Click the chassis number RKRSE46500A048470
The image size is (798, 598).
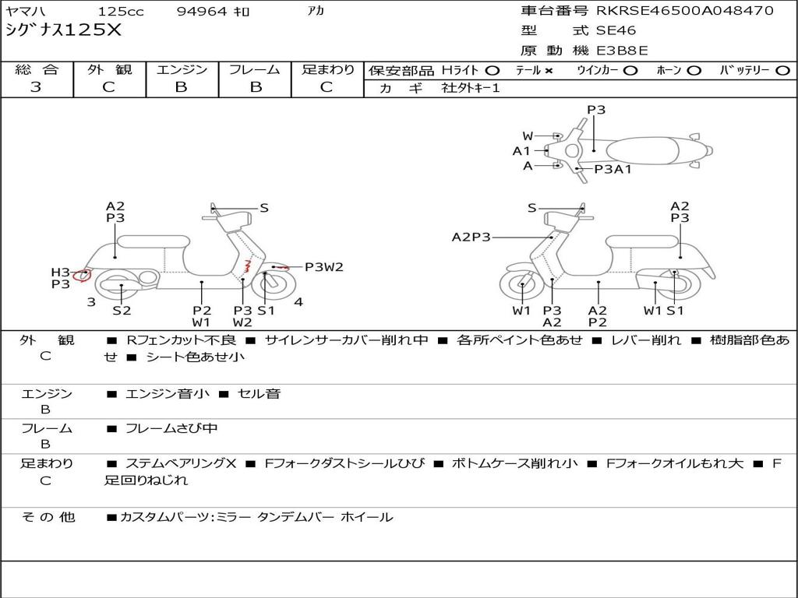click(x=685, y=11)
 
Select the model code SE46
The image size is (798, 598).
click(x=616, y=31)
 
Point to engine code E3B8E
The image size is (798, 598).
click(x=622, y=51)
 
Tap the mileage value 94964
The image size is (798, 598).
click(x=202, y=12)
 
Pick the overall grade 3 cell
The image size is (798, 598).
click(x=37, y=87)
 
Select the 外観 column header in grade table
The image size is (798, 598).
click(x=109, y=70)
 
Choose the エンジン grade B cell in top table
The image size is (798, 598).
click(x=182, y=87)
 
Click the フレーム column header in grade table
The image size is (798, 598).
click(x=254, y=70)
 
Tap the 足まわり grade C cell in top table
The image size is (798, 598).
click(x=327, y=87)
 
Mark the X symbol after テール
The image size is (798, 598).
click(x=549, y=71)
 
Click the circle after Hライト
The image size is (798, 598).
click(x=492, y=71)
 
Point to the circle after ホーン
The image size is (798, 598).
click(x=694, y=71)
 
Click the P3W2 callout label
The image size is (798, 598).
click(x=323, y=267)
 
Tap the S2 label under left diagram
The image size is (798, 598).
click(x=122, y=311)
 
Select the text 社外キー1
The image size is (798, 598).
click(x=471, y=88)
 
